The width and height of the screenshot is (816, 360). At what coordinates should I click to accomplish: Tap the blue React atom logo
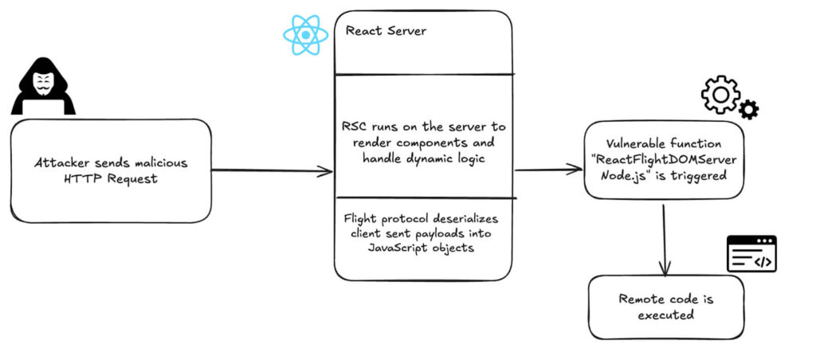click(305, 35)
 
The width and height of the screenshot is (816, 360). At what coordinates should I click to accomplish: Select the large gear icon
click(720, 95)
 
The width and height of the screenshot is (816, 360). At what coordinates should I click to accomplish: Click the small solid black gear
click(749, 110)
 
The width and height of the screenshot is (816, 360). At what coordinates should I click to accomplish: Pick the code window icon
click(751, 253)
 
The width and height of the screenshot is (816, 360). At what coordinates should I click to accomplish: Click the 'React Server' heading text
click(386, 31)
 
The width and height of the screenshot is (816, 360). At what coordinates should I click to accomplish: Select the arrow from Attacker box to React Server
click(272, 170)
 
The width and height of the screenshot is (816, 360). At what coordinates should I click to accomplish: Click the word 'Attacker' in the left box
click(63, 162)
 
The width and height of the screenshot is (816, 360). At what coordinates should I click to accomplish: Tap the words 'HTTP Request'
click(111, 179)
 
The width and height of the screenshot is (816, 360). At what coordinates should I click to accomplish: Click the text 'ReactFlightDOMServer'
click(665, 160)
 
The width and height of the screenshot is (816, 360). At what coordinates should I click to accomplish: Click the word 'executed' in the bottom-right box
click(665, 315)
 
